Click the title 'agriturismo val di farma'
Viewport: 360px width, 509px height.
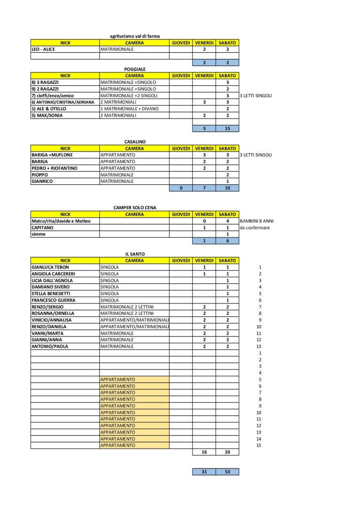pyautogui.click(x=134, y=36)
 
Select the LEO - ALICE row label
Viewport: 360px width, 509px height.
pyautogui.click(x=43, y=49)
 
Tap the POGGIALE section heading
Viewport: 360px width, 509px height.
pyautogui.click(x=135, y=69)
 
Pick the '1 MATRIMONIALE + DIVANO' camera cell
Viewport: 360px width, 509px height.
pyautogui.click(x=130, y=108)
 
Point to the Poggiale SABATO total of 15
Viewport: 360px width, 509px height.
pyautogui.click(x=227, y=128)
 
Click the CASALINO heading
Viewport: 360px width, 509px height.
pyautogui.click(x=135, y=141)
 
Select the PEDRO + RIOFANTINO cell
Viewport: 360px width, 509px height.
pyautogui.click(x=54, y=168)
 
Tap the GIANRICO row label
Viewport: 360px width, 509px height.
pyautogui.click(x=43, y=181)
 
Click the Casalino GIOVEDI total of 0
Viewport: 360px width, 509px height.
pyautogui.click(x=181, y=188)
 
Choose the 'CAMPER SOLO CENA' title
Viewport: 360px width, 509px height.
pyautogui.click(x=135, y=207)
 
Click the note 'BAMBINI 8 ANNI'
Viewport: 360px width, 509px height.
pyautogui.click(x=256, y=221)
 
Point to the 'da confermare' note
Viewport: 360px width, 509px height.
pyautogui.click(x=254, y=227)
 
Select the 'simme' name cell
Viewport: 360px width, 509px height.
pyautogui.click(x=39, y=234)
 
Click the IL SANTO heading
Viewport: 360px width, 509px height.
pyautogui.click(x=135, y=254)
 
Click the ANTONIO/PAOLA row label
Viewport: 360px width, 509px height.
pyautogui.click(x=49, y=346)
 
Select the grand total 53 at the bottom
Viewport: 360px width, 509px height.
pyautogui.click(x=227, y=471)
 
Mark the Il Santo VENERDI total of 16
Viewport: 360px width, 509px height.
pyautogui.click(x=204, y=452)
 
